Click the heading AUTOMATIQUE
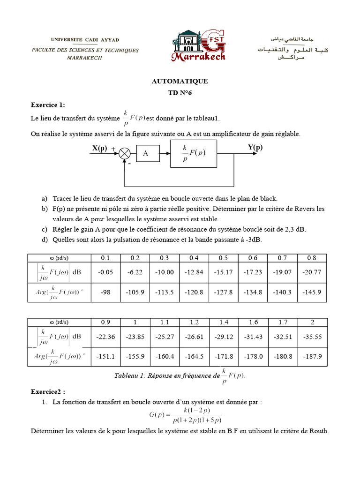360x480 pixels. coord(180,81)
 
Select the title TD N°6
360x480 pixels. coord(180,93)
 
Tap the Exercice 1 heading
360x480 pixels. coord(48,104)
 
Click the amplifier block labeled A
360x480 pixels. coord(145,153)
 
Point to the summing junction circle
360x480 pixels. coord(124,153)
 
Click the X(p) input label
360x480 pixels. coord(99,148)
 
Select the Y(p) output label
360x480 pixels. coord(255,148)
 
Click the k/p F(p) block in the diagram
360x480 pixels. coord(194,153)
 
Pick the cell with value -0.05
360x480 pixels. coord(104,272)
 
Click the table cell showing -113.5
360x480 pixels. coord(167,292)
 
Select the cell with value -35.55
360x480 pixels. coord(312,337)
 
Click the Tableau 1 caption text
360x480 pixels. coord(180,376)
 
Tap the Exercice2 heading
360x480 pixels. coord(48,391)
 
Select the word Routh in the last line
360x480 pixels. coord(319,431)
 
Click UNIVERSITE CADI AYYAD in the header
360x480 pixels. coord(85,40)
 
